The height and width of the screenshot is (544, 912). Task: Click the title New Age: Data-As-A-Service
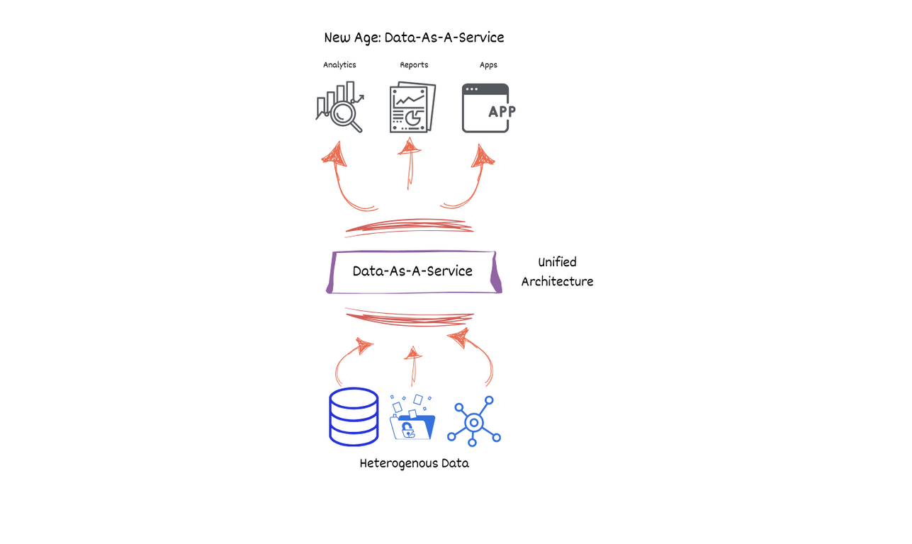pyautogui.click(x=414, y=38)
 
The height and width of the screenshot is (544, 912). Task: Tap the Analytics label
pyautogui.click(x=339, y=65)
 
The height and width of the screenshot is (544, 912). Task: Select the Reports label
pyautogui.click(x=414, y=65)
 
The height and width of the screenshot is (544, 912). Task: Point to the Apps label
pyautogui.click(x=488, y=65)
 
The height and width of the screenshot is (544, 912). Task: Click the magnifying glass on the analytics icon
pyautogui.click(x=344, y=115)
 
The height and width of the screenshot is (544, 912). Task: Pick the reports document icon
pyautogui.click(x=412, y=107)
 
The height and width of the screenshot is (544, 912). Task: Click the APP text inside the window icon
pyautogui.click(x=502, y=111)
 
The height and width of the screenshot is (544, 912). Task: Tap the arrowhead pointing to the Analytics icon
pyautogui.click(x=335, y=154)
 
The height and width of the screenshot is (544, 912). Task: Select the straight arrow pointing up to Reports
pyautogui.click(x=410, y=164)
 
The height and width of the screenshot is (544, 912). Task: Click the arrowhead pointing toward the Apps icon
pyautogui.click(x=483, y=156)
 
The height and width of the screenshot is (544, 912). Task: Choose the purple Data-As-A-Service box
pyautogui.click(x=414, y=272)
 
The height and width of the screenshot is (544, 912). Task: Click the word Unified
pyautogui.click(x=557, y=262)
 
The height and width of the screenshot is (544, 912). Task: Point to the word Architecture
pyautogui.click(x=557, y=281)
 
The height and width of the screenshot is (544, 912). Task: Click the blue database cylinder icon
pyautogui.click(x=354, y=416)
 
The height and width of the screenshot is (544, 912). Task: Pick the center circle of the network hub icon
pyautogui.click(x=474, y=423)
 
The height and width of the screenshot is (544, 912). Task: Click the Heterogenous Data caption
pyautogui.click(x=414, y=463)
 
